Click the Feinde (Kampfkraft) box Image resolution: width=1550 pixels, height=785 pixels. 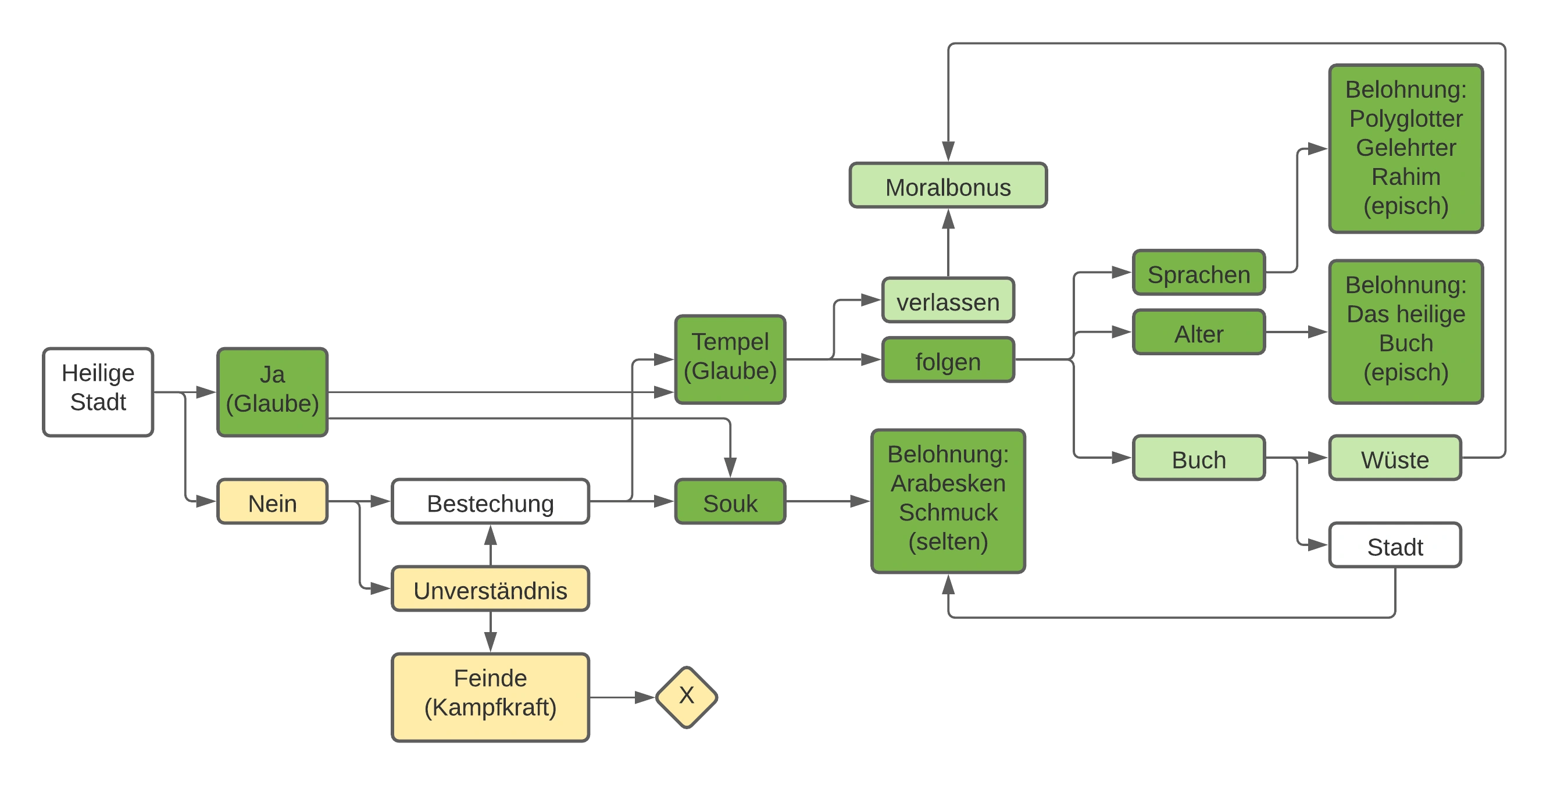[490, 697]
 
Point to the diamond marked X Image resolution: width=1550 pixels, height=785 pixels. [687, 697]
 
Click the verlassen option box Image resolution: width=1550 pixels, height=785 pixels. [948, 300]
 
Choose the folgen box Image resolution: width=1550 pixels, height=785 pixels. [948, 360]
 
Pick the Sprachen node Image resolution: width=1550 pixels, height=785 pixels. [1199, 272]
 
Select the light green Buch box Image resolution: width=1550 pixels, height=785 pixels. [1199, 458]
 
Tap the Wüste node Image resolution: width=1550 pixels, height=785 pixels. [1395, 458]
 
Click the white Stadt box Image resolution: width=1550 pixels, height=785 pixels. [1395, 545]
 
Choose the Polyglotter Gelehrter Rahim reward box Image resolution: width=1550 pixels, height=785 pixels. [1406, 148]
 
